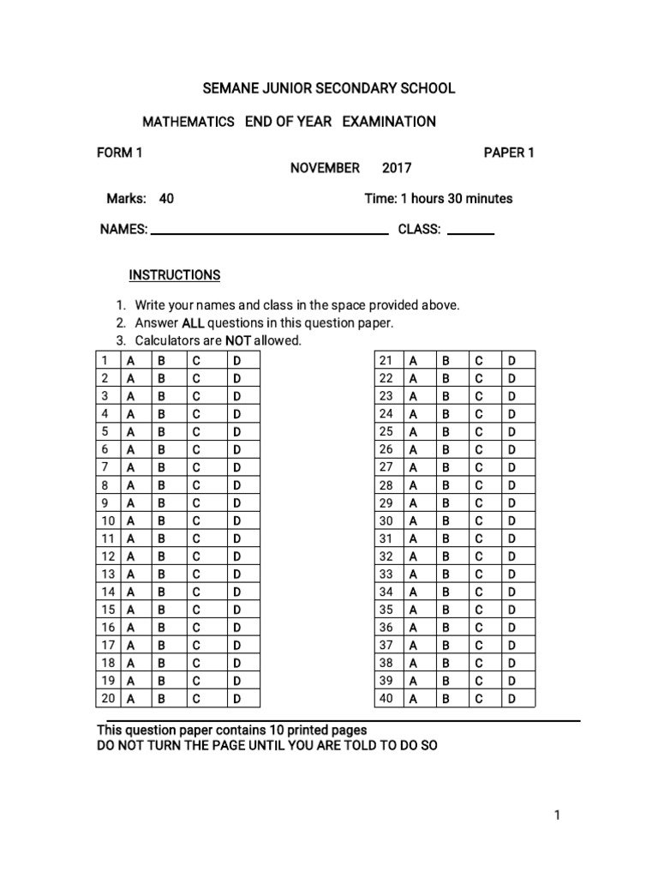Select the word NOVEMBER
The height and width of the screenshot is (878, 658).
[x=325, y=168]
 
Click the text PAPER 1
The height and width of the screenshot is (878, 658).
[x=509, y=153]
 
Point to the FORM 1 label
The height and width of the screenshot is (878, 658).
[x=119, y=153]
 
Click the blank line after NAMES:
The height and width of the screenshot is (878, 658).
[x=269, y=231]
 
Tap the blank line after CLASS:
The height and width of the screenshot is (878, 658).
[x=470, y=231]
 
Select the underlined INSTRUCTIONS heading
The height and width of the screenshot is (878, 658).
[x=175, y=275]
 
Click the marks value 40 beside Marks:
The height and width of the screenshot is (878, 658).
[x=166, y=199]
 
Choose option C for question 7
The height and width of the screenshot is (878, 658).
[x=196, y=467]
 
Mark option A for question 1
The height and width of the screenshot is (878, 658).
[x=131, y=360]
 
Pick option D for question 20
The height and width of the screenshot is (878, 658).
[x=237, y=699]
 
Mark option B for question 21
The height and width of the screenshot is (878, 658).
[x=446, y=360]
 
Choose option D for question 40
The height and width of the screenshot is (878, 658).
[x=512, y=699]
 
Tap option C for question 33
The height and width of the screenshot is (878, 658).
[x=479, y=574]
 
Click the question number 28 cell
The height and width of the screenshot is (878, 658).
[x=386, y=485]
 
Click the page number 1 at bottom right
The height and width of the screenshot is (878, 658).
[x=557, y=815]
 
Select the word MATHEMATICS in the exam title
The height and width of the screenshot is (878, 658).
[x=188, y=122]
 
